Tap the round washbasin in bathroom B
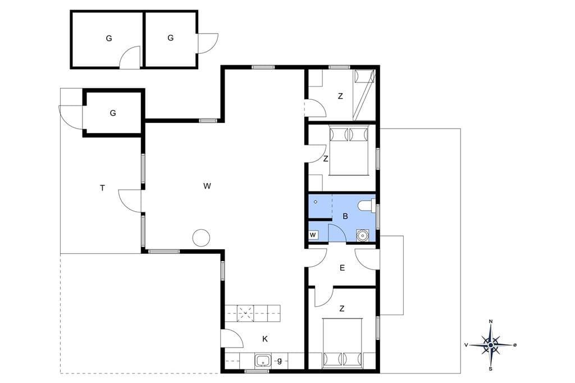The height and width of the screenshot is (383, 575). coord(362,235)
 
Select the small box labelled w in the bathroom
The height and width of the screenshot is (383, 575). coord(313,235)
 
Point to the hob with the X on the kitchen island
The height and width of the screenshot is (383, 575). coord(245,314)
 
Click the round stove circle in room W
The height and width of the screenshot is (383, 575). coord(201,238)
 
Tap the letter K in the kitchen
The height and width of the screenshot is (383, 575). coord(265,339)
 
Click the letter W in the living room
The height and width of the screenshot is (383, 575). coord(207,186)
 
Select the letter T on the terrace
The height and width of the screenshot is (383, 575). coord(102,188)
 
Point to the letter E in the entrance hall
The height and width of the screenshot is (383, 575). coord(342,268)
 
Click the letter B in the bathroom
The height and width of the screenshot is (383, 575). coord(345,216)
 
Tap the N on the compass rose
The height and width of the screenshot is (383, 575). coord(491,322)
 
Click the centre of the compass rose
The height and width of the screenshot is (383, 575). coord(491,345)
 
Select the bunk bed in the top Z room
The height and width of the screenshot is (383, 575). coord(364,95)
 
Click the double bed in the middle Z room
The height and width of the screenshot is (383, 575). coord(349,151)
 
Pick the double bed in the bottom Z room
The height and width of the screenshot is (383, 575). coord(343,343)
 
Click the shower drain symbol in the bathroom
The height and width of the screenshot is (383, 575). coord(316,202)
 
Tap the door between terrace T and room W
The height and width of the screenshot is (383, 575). coord(130,200)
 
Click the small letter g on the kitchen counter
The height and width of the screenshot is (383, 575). coord(280,361)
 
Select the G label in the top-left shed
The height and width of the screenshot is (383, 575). coord(109,38)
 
